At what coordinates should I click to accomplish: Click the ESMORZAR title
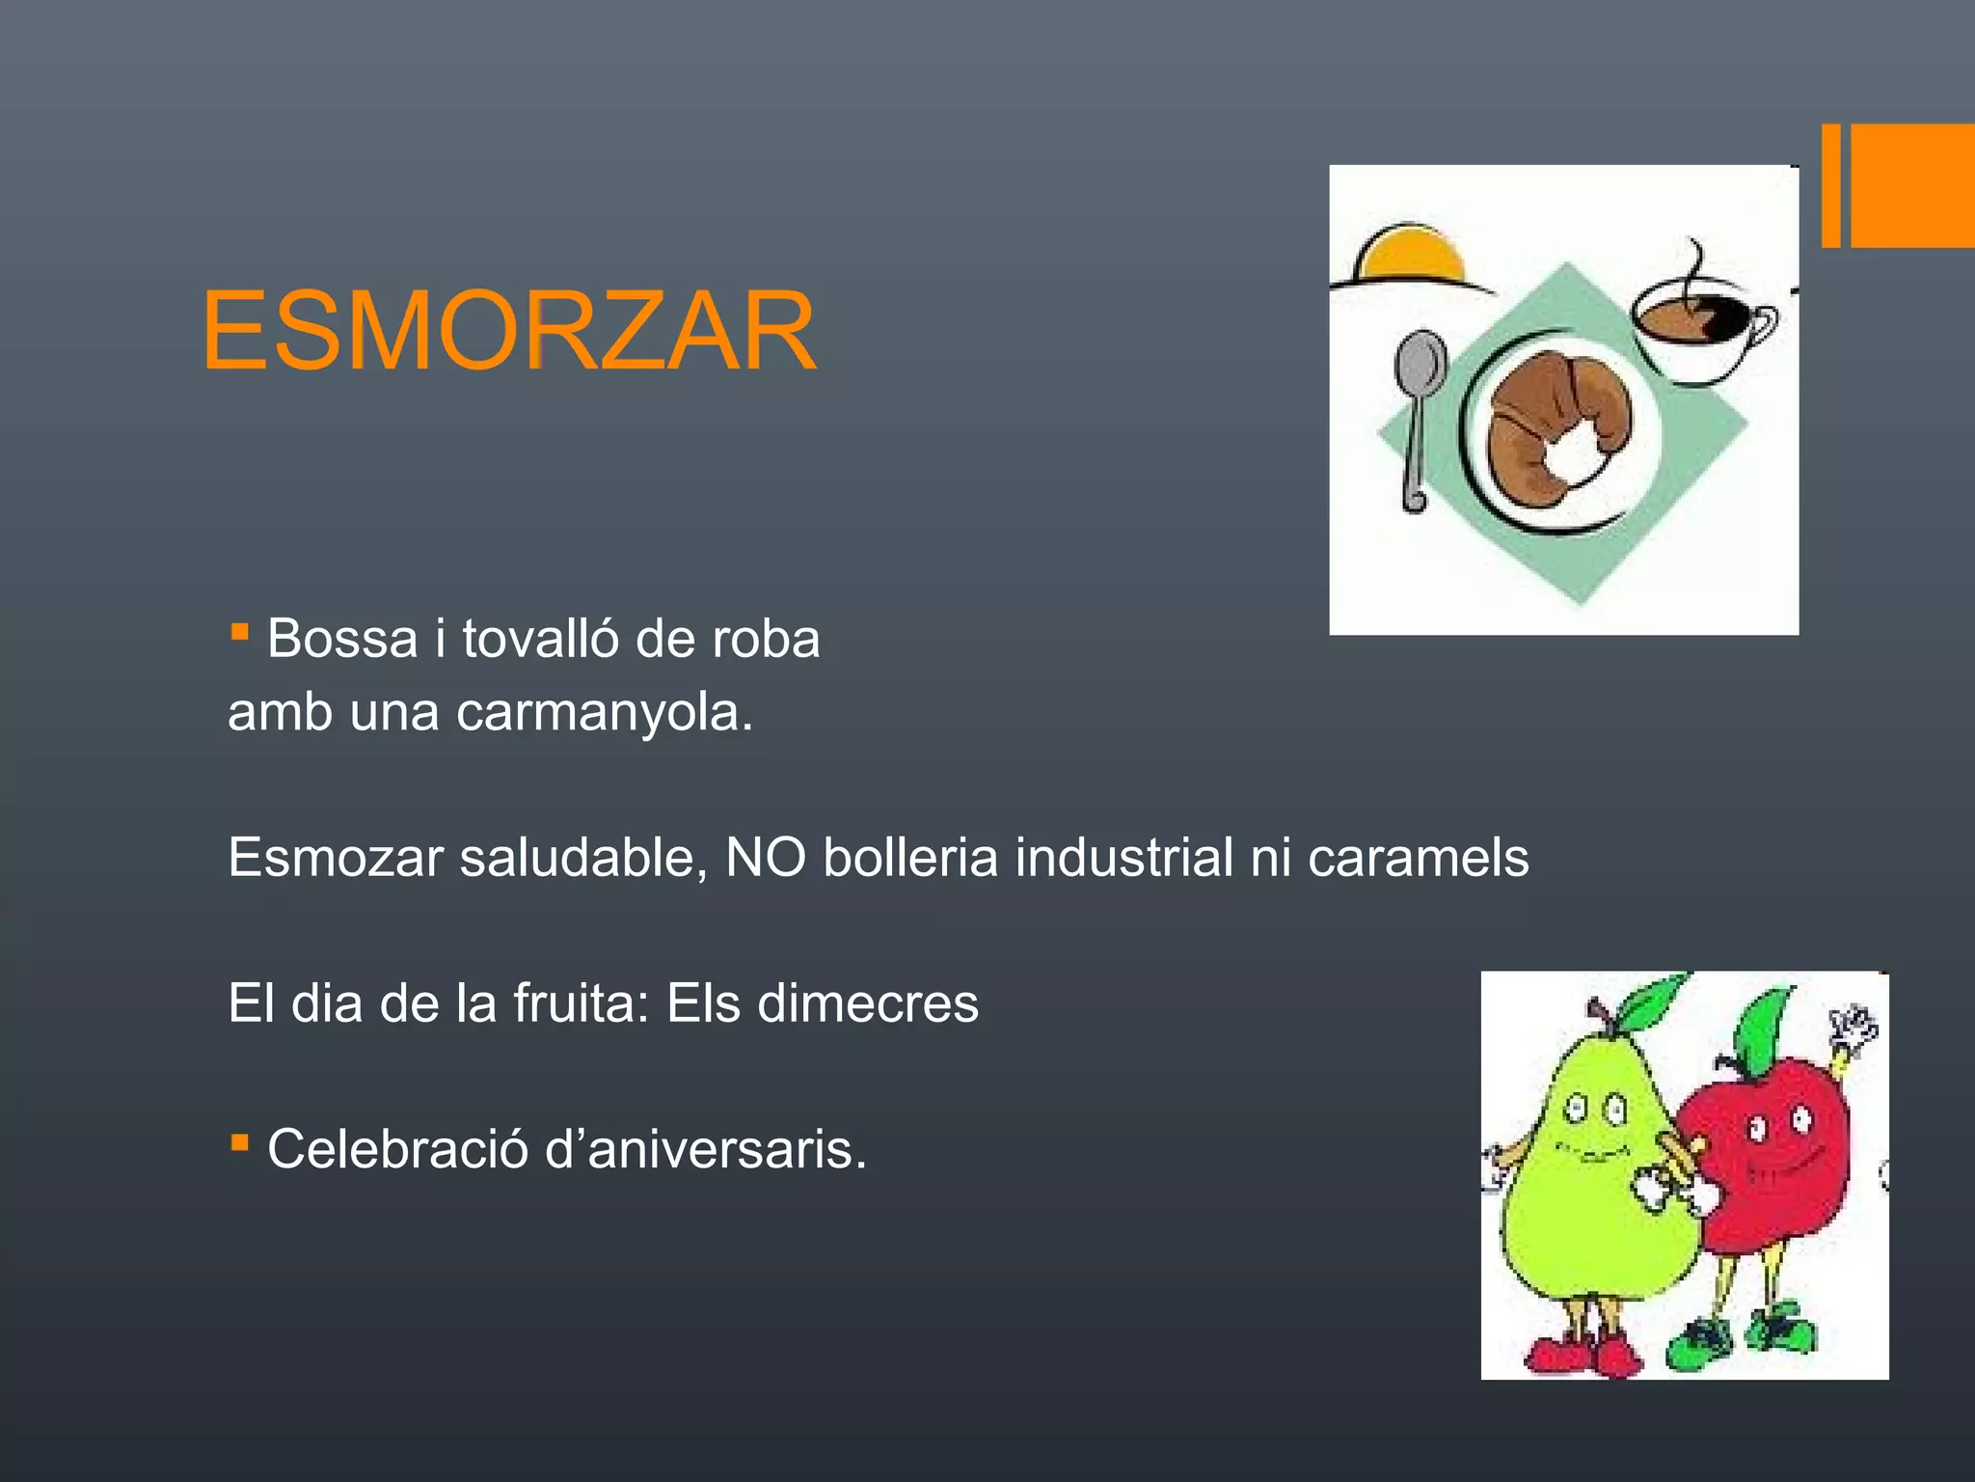point(509,331)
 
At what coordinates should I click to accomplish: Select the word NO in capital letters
point(765,857)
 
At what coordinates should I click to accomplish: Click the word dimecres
point(867,1003)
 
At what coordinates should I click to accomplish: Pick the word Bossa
point(342,639)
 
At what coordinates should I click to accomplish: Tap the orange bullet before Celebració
point(240,1144)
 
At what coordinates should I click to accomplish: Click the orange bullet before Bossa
point(240,633)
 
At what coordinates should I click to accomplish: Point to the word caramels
point(1418,857)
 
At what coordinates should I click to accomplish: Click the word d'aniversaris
point(705,1149)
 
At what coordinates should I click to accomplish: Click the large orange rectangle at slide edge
point(1913,185)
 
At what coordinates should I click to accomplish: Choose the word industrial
point(1123,857)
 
